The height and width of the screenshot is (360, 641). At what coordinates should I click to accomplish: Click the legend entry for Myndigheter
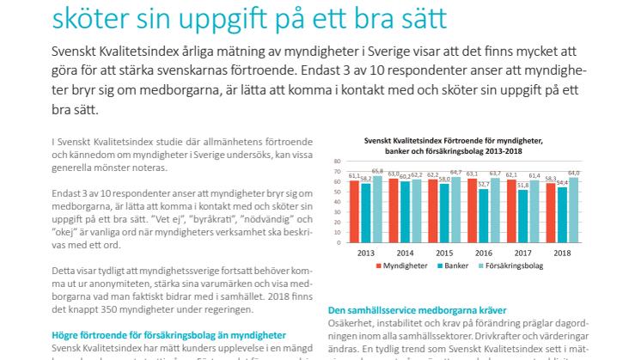click(401, 267)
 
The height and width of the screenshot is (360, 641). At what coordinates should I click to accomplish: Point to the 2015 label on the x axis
click(444, 253)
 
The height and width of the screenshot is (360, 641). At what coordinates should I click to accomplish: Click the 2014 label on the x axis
click(405, 253)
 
